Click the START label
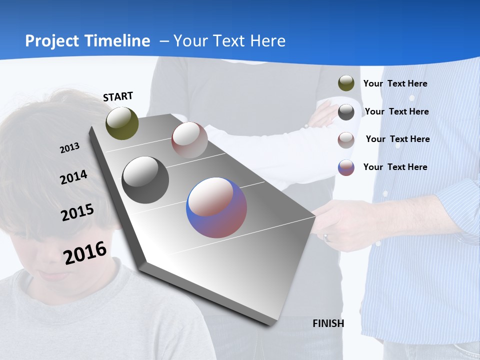[x=118, y=96]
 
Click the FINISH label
[x=328, y=323]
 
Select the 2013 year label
[x=69, y=148]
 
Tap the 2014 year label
[x=73, y=177]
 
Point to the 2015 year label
[x=77, y=212]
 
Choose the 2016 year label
[x=85, y=252]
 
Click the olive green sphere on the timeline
[x=122, y=123]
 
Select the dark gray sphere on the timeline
[x=145, y=180]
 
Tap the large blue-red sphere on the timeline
[x=216, y=207]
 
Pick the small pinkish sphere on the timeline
[x=189, y=139]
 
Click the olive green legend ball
[x=346, y=83]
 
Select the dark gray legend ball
[x=346, y=112]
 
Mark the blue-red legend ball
[x=346, y=167]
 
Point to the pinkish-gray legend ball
[x=346, y=140]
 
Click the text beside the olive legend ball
[x=395, y=83]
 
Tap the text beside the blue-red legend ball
[x=395, y=167]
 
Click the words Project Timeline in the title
[x=87, y=41]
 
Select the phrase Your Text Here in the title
[x=229, y=41]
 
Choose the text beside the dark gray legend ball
[x=396, y=111]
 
